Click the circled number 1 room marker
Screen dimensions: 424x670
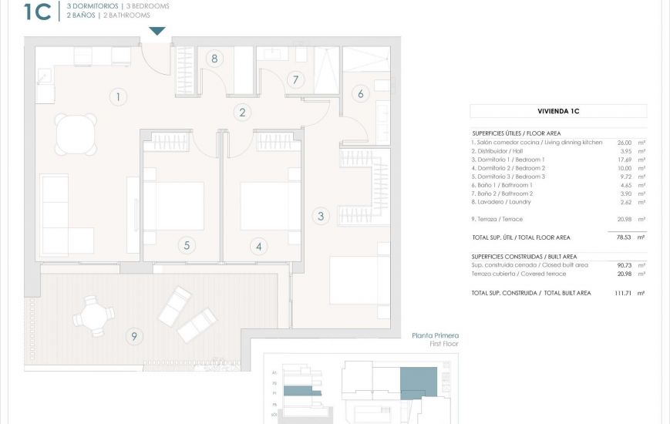point(117,96)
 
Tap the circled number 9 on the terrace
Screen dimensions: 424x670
point(134,335)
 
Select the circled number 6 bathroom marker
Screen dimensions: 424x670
point(359,94)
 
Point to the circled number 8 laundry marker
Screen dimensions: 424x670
point(214,59)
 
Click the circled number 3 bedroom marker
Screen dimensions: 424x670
point(321,216)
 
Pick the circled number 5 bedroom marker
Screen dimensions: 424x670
point(186,246)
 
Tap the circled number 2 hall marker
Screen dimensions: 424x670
point(242,113)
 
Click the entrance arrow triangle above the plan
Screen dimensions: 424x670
point(157,31)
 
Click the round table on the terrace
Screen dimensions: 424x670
point(93,315)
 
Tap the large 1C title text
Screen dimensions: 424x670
point(38,12)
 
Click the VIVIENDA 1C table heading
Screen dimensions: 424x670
point(558,111)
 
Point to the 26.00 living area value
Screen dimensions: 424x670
point(625,143)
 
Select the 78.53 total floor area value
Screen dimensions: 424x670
point(625,237)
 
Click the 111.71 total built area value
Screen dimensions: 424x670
point(623,293)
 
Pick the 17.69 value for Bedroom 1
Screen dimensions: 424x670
point(625,160)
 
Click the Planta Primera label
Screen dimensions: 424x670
point(436,335)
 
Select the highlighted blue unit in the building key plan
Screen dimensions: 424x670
point(418,381)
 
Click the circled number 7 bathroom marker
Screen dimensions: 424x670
point(294,79)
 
